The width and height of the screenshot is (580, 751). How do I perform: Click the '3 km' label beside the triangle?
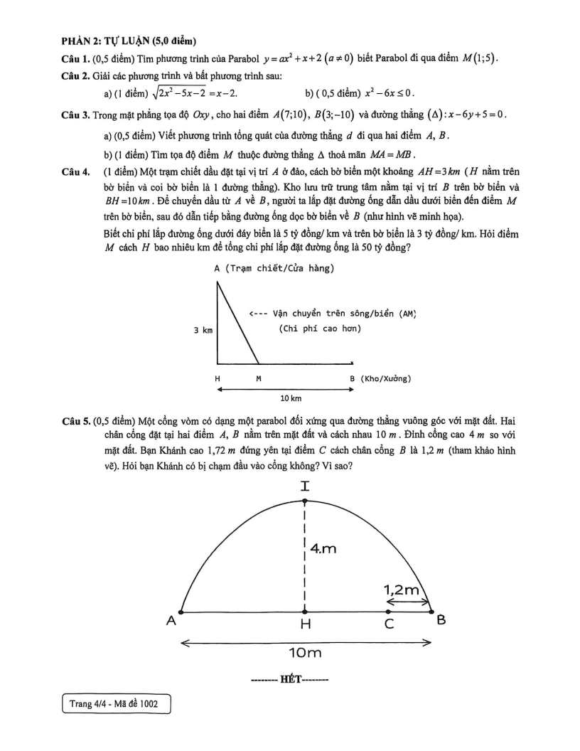tap(203, 330)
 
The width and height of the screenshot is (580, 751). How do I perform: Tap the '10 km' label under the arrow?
tap(292, 398)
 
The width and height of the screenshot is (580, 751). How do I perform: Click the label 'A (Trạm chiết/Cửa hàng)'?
tap(274, 268)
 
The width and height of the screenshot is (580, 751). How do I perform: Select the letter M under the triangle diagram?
tap(258, 378)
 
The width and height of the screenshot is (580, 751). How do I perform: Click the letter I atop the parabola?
tap(306, 486)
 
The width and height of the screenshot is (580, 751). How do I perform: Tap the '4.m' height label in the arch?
tap(324, 548)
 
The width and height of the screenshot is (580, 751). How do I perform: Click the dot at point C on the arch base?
tap(388, 611)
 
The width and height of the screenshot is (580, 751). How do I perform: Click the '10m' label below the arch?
tap(306, 652)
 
